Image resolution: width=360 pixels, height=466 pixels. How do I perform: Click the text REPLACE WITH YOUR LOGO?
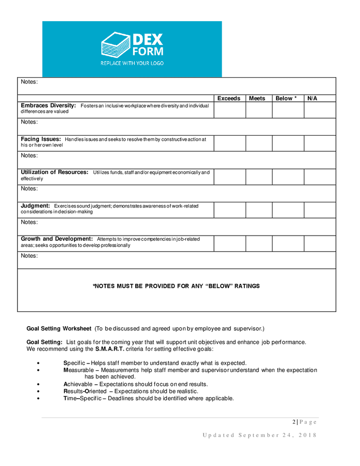pos(132,63)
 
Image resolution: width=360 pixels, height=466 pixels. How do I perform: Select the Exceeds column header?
pos(229,98)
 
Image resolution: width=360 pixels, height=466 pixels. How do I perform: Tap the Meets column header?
pos(257,98)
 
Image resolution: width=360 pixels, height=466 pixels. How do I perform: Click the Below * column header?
pos(286,98)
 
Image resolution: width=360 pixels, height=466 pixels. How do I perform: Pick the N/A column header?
pos(312,98)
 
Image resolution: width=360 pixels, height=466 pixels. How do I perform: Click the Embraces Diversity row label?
pos(48,106)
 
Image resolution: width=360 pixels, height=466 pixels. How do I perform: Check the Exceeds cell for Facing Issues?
pos(229,143)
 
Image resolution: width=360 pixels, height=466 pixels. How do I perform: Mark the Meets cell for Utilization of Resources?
pos(258,177)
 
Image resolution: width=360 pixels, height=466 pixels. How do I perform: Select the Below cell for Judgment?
pos(288,210)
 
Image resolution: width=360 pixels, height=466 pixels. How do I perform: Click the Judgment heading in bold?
pos(35,206)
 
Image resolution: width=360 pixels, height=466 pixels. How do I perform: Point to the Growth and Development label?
pos(56,239)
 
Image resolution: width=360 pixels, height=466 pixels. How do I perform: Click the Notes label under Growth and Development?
pos(29,256)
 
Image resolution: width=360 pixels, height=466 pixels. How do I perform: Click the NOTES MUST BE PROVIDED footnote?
pos(176,286)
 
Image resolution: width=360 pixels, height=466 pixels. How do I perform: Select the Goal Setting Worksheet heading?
pos(59,329)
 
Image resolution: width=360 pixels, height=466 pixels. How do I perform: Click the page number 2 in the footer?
pos(294,422)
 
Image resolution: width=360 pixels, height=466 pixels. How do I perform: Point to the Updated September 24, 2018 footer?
pos(259,435)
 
